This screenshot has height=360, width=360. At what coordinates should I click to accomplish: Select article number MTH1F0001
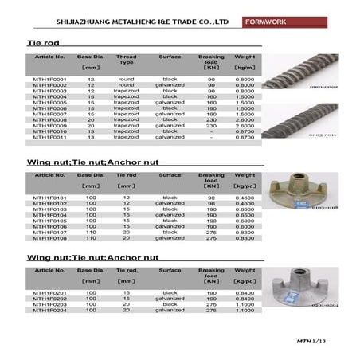pos(49,80)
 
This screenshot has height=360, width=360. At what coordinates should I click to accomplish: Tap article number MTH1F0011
pos(49,137)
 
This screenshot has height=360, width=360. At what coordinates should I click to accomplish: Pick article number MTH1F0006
pos(49,108)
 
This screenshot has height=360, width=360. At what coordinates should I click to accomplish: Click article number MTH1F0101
pos(49,197)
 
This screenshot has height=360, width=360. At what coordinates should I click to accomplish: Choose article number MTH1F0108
pos(49,237)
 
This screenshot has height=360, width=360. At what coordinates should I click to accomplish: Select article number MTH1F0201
pos(49,292)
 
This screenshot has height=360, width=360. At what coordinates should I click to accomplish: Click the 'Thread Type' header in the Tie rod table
pos(126,60)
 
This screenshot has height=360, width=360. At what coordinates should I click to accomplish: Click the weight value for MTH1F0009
pos(245,125)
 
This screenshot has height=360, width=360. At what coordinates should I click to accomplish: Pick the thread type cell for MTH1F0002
pos(126,85)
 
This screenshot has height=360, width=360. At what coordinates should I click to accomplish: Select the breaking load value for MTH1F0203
pos(211,304)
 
